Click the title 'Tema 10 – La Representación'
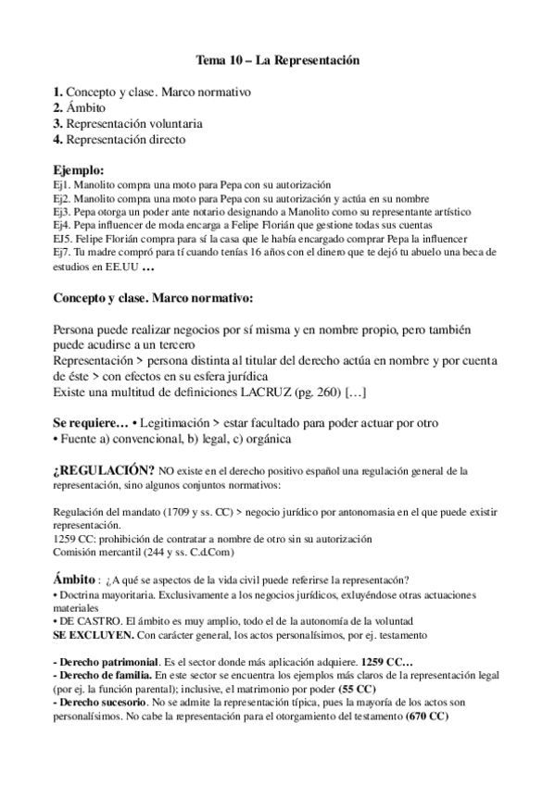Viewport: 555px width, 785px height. pyautogui.click(x=277, y=60)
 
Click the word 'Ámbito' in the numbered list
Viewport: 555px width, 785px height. pyautogui.click(x=86, y=107)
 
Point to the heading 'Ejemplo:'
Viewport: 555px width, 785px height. pyautogui.click(x=79, y=169)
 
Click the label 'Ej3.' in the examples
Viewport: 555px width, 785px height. pyautogui.click(x=63, y=211)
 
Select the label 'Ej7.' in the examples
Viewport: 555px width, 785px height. pyautogui.click(x=63, y=252)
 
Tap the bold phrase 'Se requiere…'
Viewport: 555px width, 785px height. pyautogui.click(x=90, y=422)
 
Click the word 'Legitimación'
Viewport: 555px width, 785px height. pyautogui.click(x=180, y=422)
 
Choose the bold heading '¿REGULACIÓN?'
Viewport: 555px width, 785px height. pyautogui.click(x=103, y=469)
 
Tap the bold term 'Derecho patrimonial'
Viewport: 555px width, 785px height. pyautogui.click(x=107, y=664)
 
